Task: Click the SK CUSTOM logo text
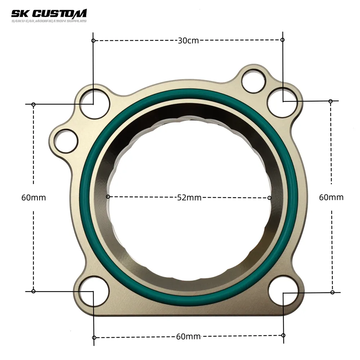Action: click(x=49, y=13)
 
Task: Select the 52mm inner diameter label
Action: click(x=189, y=197)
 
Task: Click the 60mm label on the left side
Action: click(x=33, y=197)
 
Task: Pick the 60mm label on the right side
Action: click(x=331, y=197)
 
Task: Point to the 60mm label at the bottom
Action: click(x=188, y=337)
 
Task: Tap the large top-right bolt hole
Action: click(x=283, y=102)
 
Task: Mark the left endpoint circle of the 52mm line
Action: click(x=108, y=197)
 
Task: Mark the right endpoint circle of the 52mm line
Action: click(x=270, y=198)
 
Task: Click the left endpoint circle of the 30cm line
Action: click(x=93, y=41)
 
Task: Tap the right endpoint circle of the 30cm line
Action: click(x=282, y=40)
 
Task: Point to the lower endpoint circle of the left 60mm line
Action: click(x=33, y=291)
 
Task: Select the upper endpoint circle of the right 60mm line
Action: click(x=330, y=101)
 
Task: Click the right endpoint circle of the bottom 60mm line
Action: click(x=283, y=335)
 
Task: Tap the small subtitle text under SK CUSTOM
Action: click(x=49, y=21)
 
